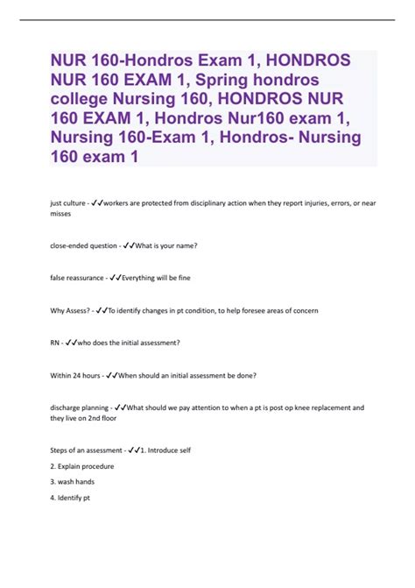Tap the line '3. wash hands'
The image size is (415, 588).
coord(72,482)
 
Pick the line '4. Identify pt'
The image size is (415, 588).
coord(71,498)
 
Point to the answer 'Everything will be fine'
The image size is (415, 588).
coord(157,278)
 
